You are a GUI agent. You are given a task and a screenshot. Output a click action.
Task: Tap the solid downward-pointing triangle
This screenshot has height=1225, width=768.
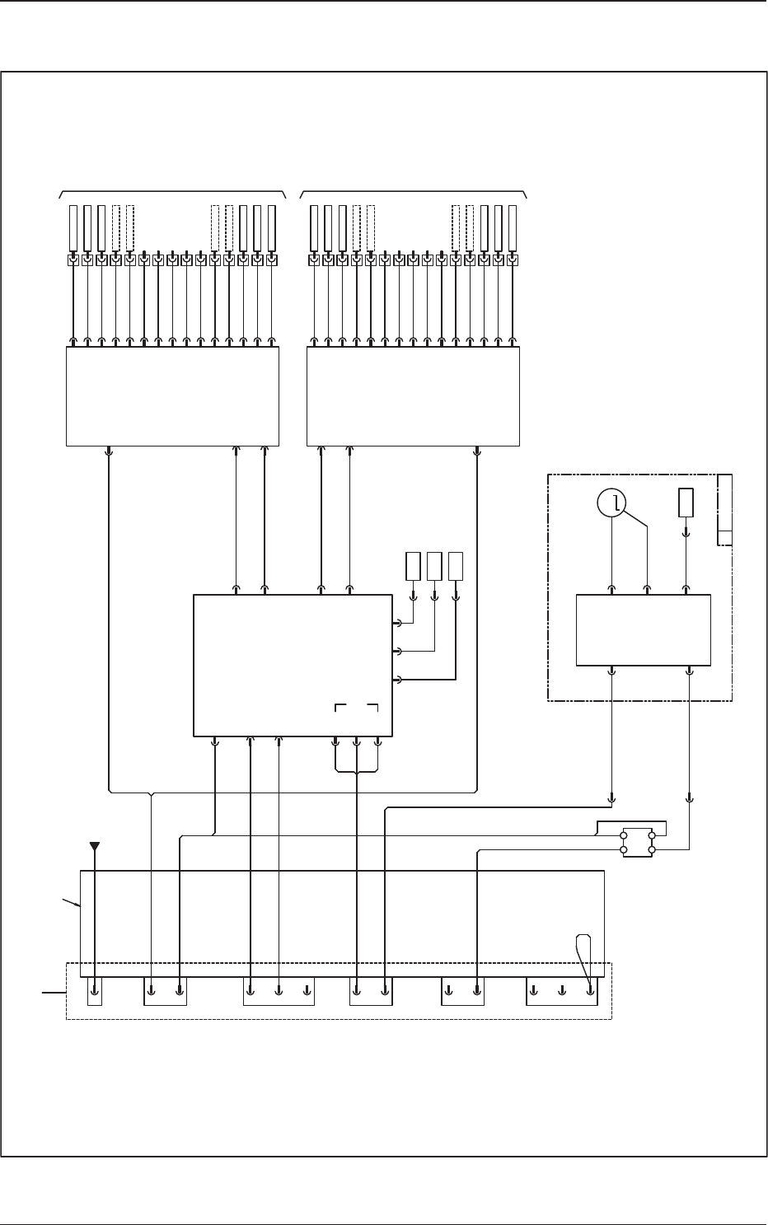coord(95,845)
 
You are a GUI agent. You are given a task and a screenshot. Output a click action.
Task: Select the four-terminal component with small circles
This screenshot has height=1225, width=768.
coord(637,842)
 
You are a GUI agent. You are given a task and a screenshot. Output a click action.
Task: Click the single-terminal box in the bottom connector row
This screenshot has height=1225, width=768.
coord(95,992)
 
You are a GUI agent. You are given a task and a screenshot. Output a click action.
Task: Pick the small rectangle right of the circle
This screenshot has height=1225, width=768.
coord(686,503)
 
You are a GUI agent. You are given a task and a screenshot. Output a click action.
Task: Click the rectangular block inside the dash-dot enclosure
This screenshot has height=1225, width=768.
coord(643,631)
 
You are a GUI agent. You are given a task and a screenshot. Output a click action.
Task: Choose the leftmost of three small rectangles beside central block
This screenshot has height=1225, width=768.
coord(414,565)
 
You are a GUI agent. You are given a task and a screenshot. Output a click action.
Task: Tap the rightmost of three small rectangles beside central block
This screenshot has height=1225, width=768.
coord(456,565)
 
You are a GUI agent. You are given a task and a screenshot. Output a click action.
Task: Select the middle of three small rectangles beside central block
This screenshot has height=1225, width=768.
coord(435,565)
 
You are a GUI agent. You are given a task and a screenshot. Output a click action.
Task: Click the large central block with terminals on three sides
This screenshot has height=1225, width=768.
coord(292,665)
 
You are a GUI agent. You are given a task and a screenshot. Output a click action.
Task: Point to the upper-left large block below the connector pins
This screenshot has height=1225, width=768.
coord(172,396)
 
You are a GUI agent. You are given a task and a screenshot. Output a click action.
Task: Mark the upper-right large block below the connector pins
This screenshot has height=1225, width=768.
coord(413,396)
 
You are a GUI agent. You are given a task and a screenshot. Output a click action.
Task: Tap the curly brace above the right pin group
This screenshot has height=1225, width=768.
coord(414,193)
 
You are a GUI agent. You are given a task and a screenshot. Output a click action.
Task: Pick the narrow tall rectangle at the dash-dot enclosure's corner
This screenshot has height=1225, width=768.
coord(724,510)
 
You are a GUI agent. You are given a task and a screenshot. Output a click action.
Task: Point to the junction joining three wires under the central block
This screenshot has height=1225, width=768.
coord(357,773)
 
